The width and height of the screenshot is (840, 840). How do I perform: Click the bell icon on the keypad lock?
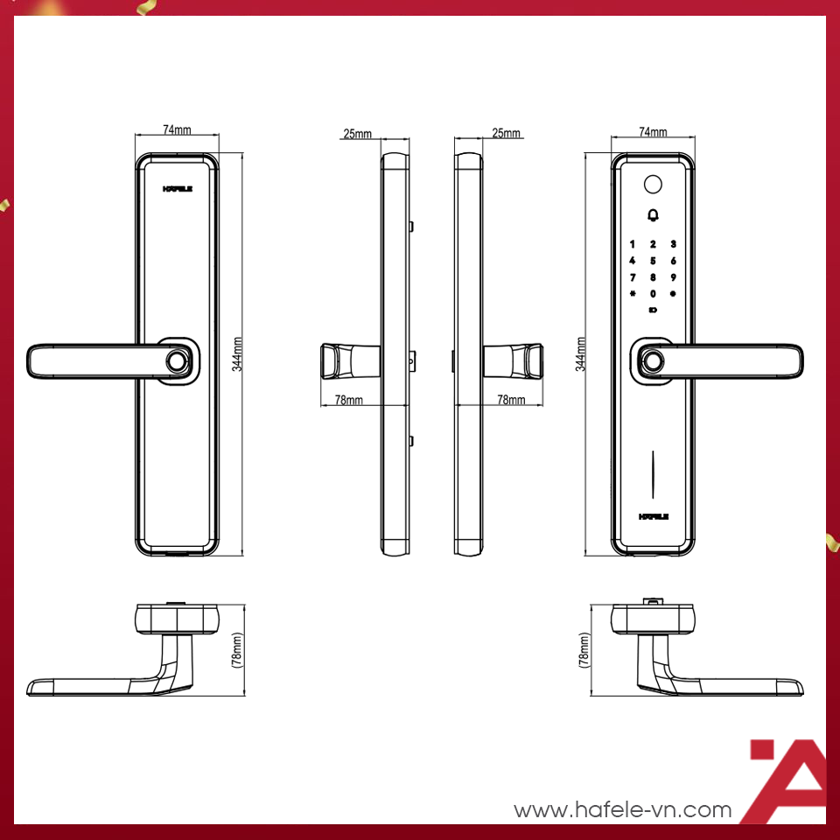pos(653,215)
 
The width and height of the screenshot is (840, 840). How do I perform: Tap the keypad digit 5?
pos(653,261)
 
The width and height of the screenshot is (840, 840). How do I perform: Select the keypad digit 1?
pos(633,244)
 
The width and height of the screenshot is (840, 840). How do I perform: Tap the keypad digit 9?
pos(674,277)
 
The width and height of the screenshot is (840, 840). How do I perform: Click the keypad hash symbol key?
pos(633,294)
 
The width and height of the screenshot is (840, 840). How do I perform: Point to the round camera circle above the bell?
pos(653,185)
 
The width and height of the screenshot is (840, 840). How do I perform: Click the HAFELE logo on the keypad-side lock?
pos(654,516)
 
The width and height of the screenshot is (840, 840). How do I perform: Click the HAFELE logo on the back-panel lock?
pos(178,189)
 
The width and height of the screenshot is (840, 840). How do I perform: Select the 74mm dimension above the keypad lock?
pos(653,132)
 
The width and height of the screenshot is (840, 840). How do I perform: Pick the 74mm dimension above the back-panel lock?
pos(177,129)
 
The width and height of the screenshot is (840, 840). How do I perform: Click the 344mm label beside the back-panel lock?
pos(237,354)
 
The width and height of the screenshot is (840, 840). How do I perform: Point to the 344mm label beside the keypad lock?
pos(580,354)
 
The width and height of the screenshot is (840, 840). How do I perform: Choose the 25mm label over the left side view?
pos(357,134)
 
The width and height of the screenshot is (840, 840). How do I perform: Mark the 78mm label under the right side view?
pos(511,400)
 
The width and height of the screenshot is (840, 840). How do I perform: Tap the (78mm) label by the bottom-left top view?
pos(237,650)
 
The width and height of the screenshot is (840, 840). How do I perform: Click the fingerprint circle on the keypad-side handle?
pos(653,361)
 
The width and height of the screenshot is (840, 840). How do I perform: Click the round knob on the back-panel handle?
pos(178,361)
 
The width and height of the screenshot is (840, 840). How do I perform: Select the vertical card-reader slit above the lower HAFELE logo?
pos(653,474)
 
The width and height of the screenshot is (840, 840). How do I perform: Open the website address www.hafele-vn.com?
pos(622,809)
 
